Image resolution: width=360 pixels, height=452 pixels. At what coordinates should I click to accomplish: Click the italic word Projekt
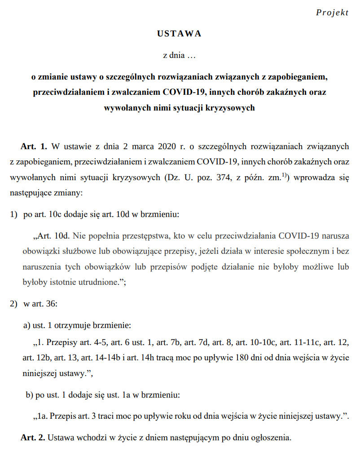click(332, 13)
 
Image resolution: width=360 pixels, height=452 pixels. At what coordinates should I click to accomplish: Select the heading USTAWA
click(180, 34)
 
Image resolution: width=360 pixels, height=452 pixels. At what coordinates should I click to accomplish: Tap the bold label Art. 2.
click(33, 437)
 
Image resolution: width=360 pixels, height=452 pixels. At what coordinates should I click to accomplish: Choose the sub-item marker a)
click(26, 325)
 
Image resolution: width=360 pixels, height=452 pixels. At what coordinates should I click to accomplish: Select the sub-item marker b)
click(29, 395)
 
